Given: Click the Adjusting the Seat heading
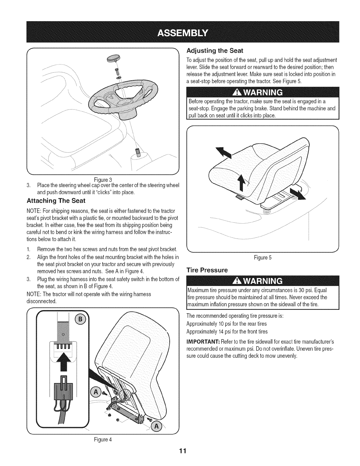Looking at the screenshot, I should (215, 51).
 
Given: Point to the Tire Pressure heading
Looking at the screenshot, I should (207, 270).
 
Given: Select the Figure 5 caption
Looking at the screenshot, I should (263, 258).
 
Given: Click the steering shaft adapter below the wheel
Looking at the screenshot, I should (138, 153).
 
